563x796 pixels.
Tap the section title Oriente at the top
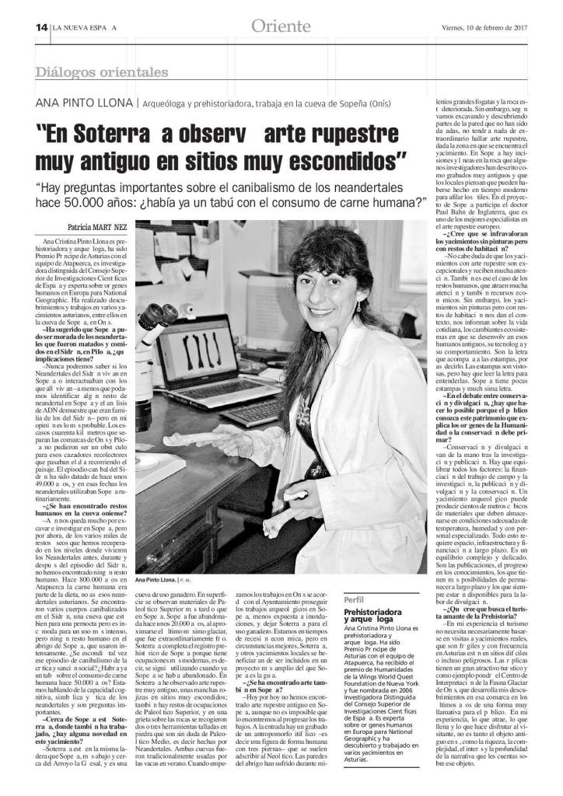(281, 26)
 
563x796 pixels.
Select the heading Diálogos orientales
(102, 72)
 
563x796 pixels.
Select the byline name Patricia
(74, 229)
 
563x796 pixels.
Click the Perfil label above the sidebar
(343, 601)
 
